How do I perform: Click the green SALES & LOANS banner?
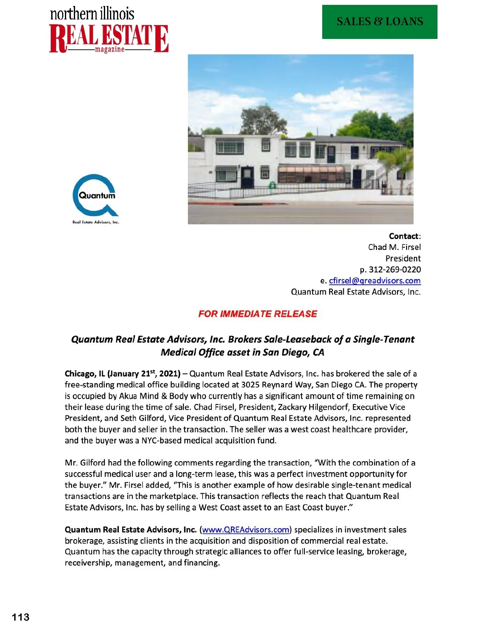pos(379,22)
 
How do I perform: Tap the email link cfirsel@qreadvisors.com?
pos(375,281)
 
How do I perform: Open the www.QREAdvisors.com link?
pos(246,530)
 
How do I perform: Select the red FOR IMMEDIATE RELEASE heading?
pos(258,314)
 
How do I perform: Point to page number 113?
pos(21,617)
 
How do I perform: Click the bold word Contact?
pos(404,236)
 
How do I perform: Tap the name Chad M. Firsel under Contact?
pos(394,247)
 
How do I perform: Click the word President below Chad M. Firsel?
pos(403,258)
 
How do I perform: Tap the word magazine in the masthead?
pos(110,49)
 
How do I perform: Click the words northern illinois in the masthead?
pos(92,14)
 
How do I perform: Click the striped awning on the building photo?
pos(310,169)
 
